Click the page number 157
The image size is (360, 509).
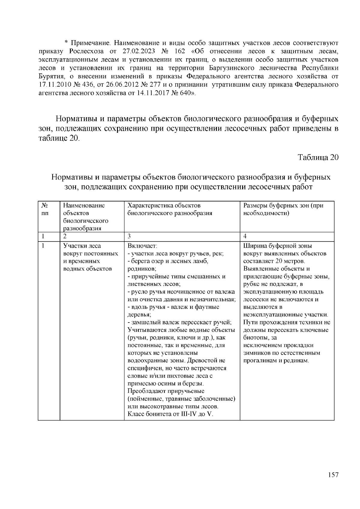[x=333, y=475]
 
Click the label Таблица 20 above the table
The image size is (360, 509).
[x=318, y=157]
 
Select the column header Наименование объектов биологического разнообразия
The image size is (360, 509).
[x=85, y=217]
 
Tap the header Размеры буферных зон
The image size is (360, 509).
[x=283, y=209]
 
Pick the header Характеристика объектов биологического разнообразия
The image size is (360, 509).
[x=170, y=209]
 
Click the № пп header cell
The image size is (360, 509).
[x=45, y=209]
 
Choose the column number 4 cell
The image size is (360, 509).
[x=245, y=236]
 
